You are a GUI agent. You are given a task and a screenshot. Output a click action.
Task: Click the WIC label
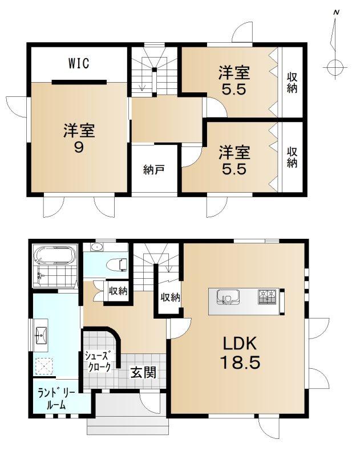point(79,63)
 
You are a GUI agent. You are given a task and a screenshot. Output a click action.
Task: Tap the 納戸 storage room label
point(154,169)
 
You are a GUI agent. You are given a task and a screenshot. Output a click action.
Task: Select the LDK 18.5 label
point(240,353)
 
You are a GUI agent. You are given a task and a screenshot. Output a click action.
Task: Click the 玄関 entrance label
point(143,373)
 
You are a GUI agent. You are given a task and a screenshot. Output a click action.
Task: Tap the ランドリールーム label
point(57,400)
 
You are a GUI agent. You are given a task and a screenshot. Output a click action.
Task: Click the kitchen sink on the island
point(228,296)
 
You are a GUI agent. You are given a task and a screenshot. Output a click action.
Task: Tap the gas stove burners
point(267,297)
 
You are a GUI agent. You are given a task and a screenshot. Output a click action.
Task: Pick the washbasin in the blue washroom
point(41,335)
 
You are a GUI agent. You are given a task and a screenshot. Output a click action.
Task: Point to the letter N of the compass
point(337,13)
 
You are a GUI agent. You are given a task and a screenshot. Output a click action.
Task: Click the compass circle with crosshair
point(335,67)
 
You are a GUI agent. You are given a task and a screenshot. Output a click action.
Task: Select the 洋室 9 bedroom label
point(79,139)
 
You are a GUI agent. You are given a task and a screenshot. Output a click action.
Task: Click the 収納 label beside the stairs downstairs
point(171,297)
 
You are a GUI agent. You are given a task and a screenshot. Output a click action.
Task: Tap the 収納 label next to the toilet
point(118,291)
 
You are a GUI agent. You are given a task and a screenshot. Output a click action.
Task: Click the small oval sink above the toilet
point(96,247)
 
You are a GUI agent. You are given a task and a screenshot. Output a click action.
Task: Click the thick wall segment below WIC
point(79,82)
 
